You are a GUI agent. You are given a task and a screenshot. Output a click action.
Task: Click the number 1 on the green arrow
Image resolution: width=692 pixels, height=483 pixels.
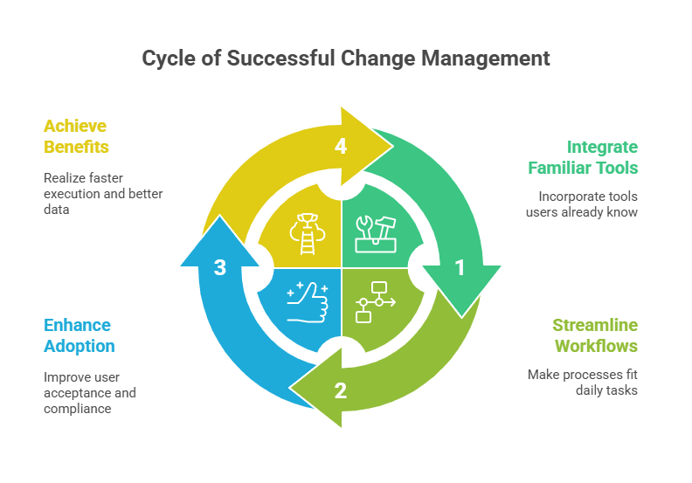tap(460, 268)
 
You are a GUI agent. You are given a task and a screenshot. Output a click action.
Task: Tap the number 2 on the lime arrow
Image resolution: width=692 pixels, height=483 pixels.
tap(341, 390)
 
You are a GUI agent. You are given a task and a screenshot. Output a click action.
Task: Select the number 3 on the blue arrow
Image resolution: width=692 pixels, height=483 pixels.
tap(220, 268)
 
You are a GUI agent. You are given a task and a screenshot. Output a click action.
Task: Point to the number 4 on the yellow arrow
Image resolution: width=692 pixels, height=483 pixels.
tap(341, 147)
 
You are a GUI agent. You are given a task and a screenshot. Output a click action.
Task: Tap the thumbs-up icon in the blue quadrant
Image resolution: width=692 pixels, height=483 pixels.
tap(305, 303)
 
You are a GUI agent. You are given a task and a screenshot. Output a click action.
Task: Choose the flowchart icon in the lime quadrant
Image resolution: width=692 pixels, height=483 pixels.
tap(376, 302)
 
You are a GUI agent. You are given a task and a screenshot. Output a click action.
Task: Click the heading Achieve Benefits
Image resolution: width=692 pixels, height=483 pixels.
tap(77, 136)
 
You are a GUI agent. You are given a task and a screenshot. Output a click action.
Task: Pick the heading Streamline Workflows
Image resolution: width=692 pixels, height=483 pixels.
tap(594, 335)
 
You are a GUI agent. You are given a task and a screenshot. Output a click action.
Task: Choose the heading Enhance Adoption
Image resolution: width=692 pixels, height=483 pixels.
tap(78, 335)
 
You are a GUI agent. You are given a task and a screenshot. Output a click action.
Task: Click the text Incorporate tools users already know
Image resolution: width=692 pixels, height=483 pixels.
tap(587, 204)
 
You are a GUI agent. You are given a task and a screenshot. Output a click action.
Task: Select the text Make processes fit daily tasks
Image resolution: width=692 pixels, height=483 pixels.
tap(582, 383)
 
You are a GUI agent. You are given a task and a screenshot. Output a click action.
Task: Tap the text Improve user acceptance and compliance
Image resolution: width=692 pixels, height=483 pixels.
tap(89, 392)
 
